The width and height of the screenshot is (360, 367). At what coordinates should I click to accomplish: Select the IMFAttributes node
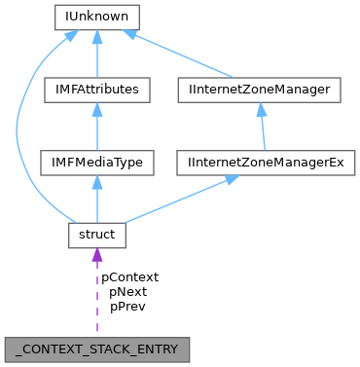point(96,90)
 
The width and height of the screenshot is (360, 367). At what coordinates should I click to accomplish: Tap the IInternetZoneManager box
point(261,90)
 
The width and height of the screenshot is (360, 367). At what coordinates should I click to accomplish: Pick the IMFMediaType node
point(96,162)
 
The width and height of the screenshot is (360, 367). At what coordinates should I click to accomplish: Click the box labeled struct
point(96,235)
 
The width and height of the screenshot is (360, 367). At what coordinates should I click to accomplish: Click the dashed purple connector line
point(96,302)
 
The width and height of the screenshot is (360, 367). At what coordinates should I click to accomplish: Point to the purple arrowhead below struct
point(96,255)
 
